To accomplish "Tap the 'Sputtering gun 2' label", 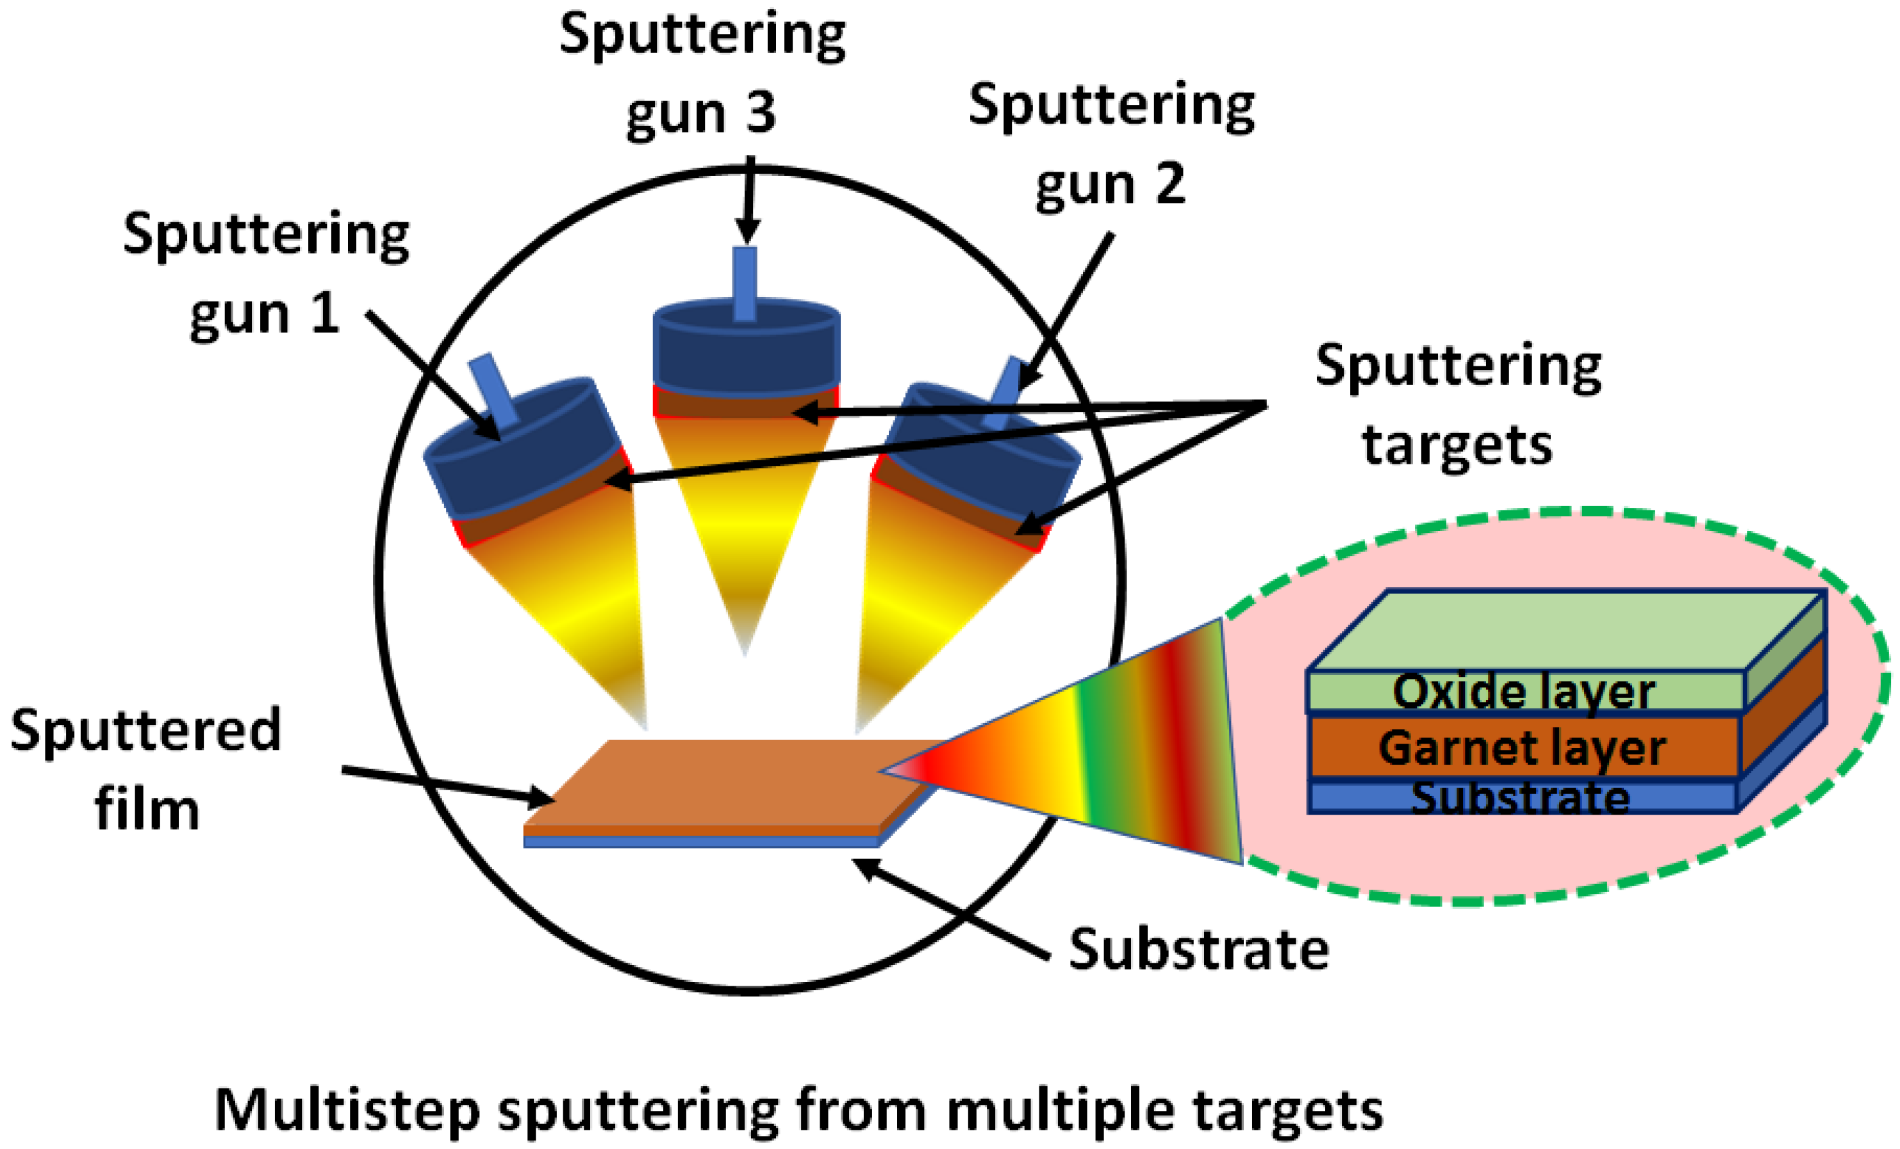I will click(x=1111, y=144).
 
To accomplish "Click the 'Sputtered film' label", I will click(x=145, y=769).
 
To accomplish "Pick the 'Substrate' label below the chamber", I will click(x=1198, y=949).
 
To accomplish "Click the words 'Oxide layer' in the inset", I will click(x=1524, y=691).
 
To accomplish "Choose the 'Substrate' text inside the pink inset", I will click(x=1520, y=799).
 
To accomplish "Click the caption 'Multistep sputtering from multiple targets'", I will click(x=798, y=1111).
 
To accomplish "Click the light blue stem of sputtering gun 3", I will click(x=745, y=283).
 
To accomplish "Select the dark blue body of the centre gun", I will click(x=746, y=350).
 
